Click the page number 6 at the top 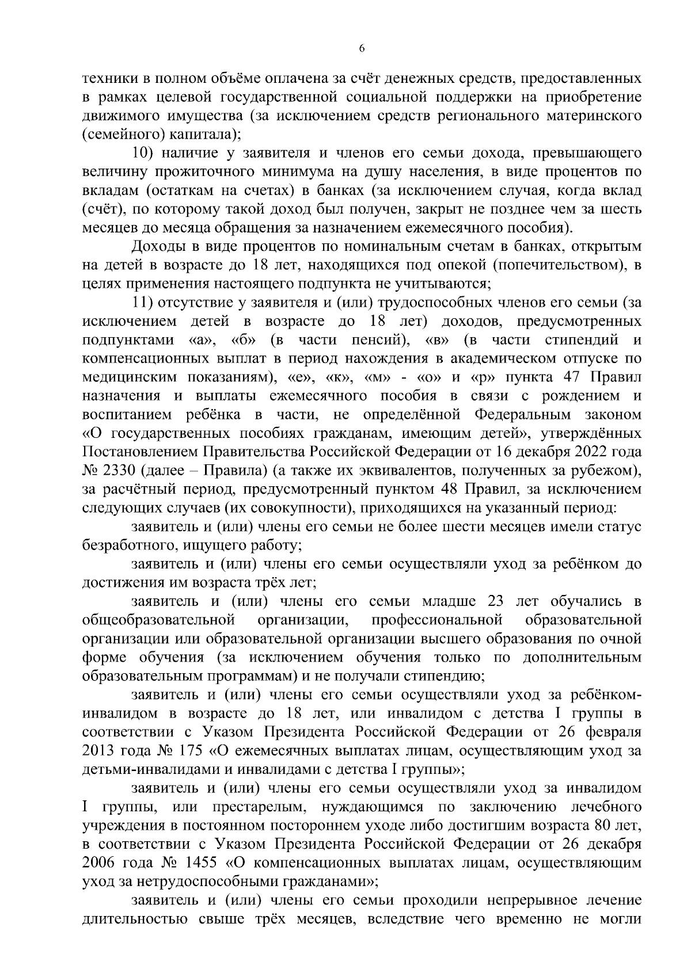pyautogui.click(x=361, y=49)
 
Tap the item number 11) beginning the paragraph pyautogui.click(x=143, y=303)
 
